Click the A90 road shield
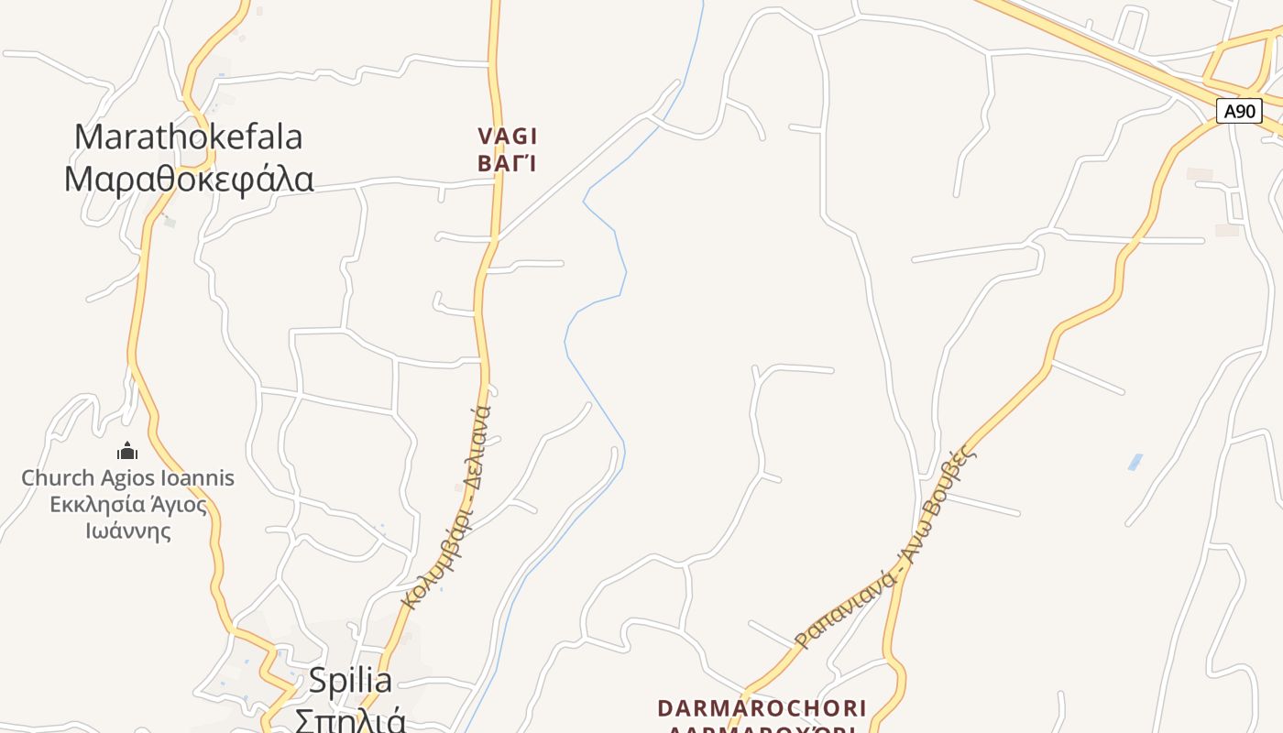pyautogui.click(x=1239, y=112)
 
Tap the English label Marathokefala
pyautogui.click(x=188, y=137)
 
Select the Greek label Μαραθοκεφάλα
pyautogui.click(x=188, y=179)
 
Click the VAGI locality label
pyautogui.click(x=507, y=137)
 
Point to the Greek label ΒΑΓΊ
pyautogui.click(x=506, y=164)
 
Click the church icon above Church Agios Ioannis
pyautogui.click(x=127, y=451)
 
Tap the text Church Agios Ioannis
pyautogui.click(x=127, y=478)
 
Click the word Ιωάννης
pyautogui.click(x=127, y=531)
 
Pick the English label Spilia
pyautogui.click(x=350, y=681)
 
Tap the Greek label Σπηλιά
pyautogui.click(x=350, y=718)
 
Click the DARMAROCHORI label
pyautogui.click(x=762, y=708)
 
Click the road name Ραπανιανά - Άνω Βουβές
pyautogui.click(x=883, y=546)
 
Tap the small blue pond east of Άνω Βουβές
pyautogui.click(x=1135, y=462)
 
